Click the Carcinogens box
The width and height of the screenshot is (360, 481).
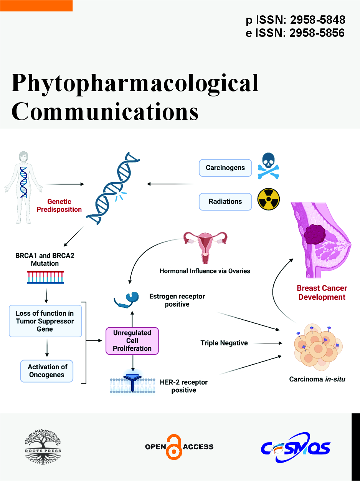[x=225, y=168]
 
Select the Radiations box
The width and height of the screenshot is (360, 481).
[x=225, y=202]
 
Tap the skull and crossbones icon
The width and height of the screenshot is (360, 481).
[x=269, y=166]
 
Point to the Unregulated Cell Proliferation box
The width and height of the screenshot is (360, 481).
[x=132, y=341]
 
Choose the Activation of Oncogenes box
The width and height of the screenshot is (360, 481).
[x=46, y=371]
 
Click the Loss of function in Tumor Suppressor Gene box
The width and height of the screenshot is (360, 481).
[x=45, y=321]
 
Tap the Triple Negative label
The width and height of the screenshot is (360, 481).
[x=224, y=343]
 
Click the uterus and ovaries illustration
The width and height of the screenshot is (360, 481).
[x=205, y=243]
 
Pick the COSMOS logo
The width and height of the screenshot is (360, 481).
[x=296, y=448]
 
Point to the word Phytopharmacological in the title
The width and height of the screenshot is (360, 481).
[x=135, y=83]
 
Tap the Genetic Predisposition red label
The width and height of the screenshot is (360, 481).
[x=59, y=206]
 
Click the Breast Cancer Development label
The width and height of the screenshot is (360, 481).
[x=322, y=293]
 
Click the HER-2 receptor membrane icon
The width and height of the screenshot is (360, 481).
[x=132, y=383]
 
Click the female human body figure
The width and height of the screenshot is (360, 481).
[x=24, y=187]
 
